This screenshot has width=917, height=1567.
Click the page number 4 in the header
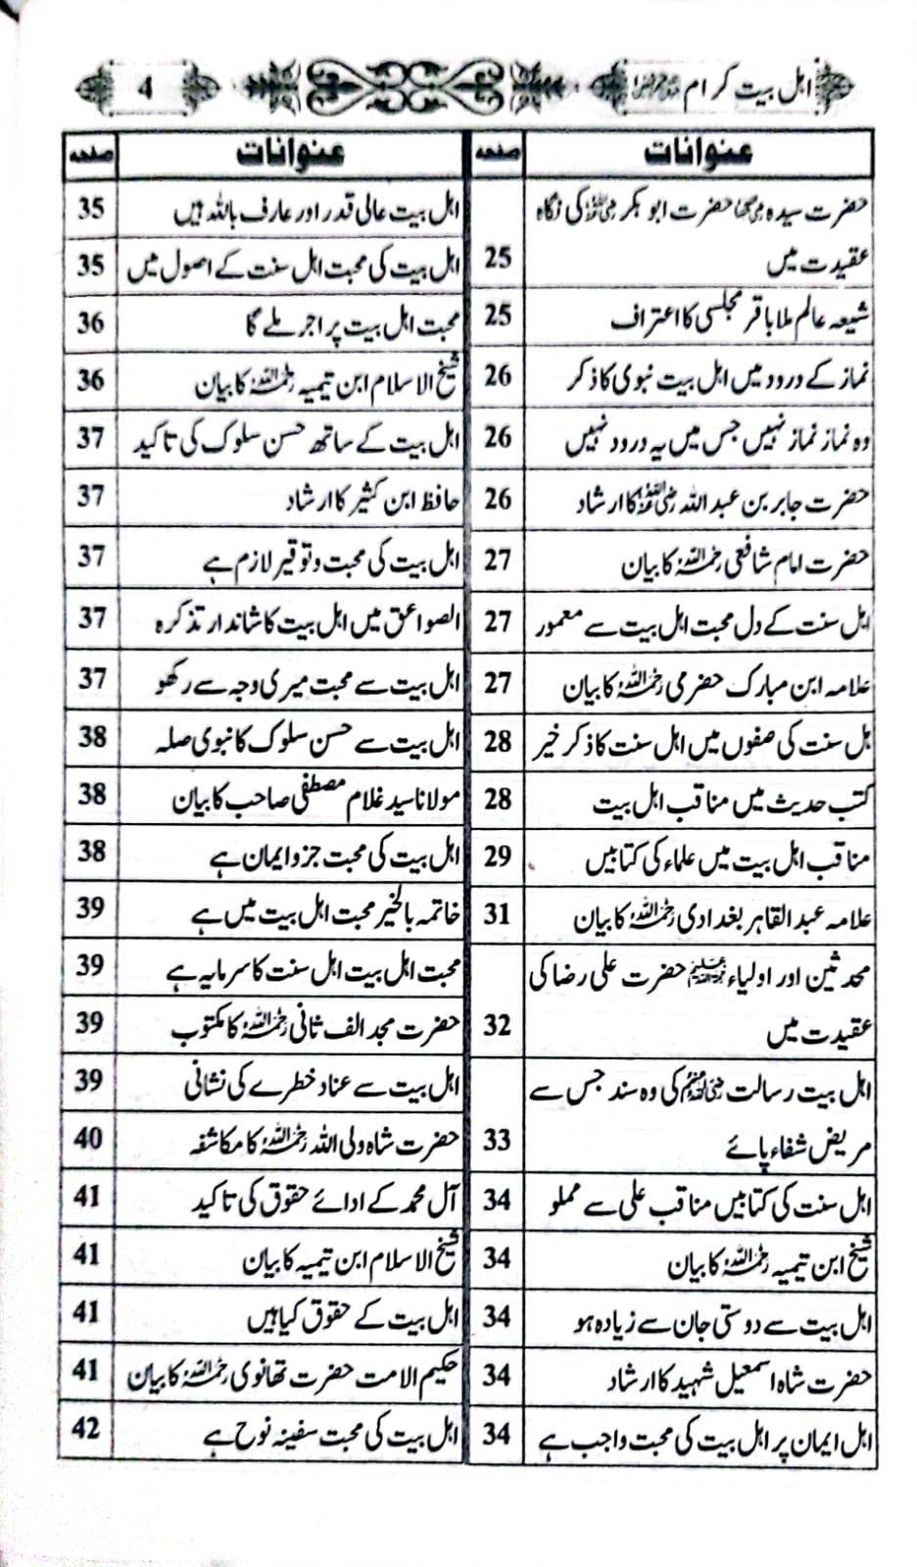[x=145, y=86]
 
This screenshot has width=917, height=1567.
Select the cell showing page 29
[x=498, y=856]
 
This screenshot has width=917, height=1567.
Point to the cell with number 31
[x=498, y=914]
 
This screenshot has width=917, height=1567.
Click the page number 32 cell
[x=498, y=1025]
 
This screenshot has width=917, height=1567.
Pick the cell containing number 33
[x=498, y=1140]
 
